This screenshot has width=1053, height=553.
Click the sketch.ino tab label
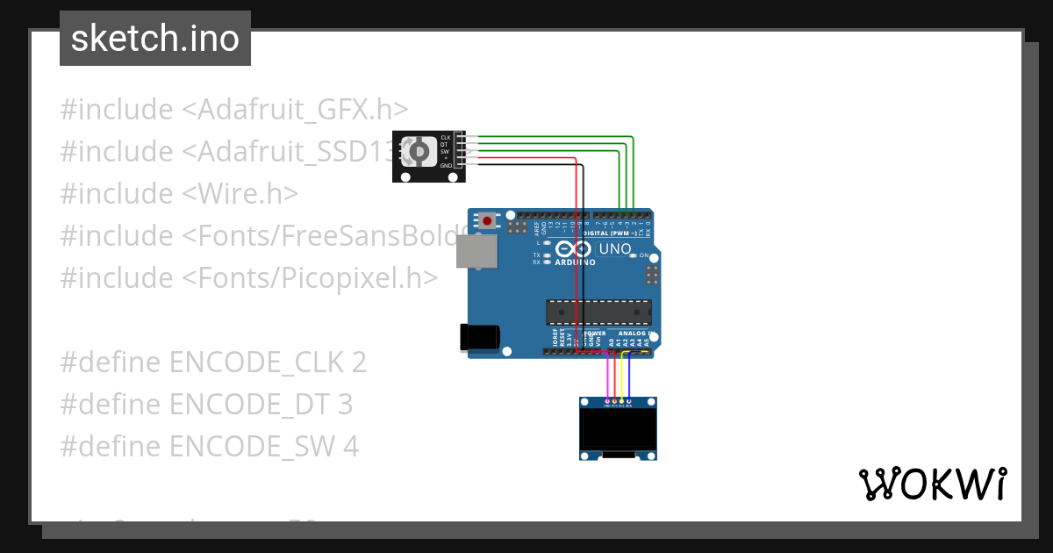coord(155,39)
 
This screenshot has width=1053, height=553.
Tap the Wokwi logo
coord(932,484)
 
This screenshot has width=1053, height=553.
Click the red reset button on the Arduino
coord(484,217)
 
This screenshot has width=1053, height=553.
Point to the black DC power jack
coord(479,337)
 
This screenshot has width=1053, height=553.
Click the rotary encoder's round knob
coord(418,153)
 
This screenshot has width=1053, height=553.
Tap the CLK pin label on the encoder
coord(445,138)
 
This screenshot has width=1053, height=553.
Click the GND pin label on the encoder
coord(446,165)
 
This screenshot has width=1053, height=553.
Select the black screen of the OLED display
coord(618,427)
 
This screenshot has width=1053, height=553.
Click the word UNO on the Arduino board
coord(614,249)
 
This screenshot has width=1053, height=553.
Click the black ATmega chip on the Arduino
coord(599,312)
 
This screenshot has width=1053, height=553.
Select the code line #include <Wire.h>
coord(179,193)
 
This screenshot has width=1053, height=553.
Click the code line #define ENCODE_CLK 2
coord(213,362)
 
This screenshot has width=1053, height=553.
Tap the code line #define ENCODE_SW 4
coord(209,446)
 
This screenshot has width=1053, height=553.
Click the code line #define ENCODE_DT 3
coord(206,404)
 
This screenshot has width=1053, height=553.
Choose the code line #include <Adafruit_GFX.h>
coord(234,110)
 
